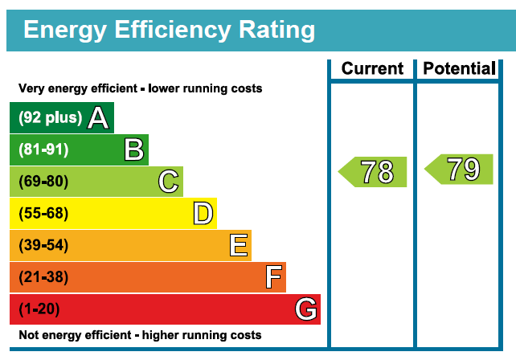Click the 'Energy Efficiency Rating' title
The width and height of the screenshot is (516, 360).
pyautogui.click(x=169, y=30)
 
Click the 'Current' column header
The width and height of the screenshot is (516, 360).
pyautogui.click(x=372, y=69)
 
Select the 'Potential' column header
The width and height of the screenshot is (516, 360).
pyautogui.click(x=459, y=69)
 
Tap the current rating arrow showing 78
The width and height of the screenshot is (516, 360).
pyautogui.click(x=374, y=172)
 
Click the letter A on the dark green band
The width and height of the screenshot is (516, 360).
pyautogui.click(x=97, y=118)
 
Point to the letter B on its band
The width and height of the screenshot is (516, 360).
pyautogui.click(x=133, y=150)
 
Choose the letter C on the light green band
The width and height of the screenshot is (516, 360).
pyautogui.click(x=168, y=182)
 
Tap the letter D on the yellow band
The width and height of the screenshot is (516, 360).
pyautogui.click(x=203, y=214)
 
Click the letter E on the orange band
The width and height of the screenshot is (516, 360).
pyautogui.click(x=237, y=245)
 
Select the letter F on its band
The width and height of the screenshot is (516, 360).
pyautogui.click(x=273, y=277)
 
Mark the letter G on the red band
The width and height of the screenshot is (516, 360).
pyautogui.click(x=305, y=309)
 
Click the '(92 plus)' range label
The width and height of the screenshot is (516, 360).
pyautogui.click(x=50, y=118)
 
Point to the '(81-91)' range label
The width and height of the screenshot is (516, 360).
pyautogui.click(x=43, y=150)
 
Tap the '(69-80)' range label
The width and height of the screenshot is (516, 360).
pyautogui.click(x=43, y=182)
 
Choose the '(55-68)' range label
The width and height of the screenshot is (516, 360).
pyautogui.click(x=43, y=214)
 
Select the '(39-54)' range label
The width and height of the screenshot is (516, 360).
pyautogui.click(x=43, y=245)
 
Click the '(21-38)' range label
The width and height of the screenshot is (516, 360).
pyautogui.click(x=43, y=277)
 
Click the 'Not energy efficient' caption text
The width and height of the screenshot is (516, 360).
pyautogui.click(x=139, y=335)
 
